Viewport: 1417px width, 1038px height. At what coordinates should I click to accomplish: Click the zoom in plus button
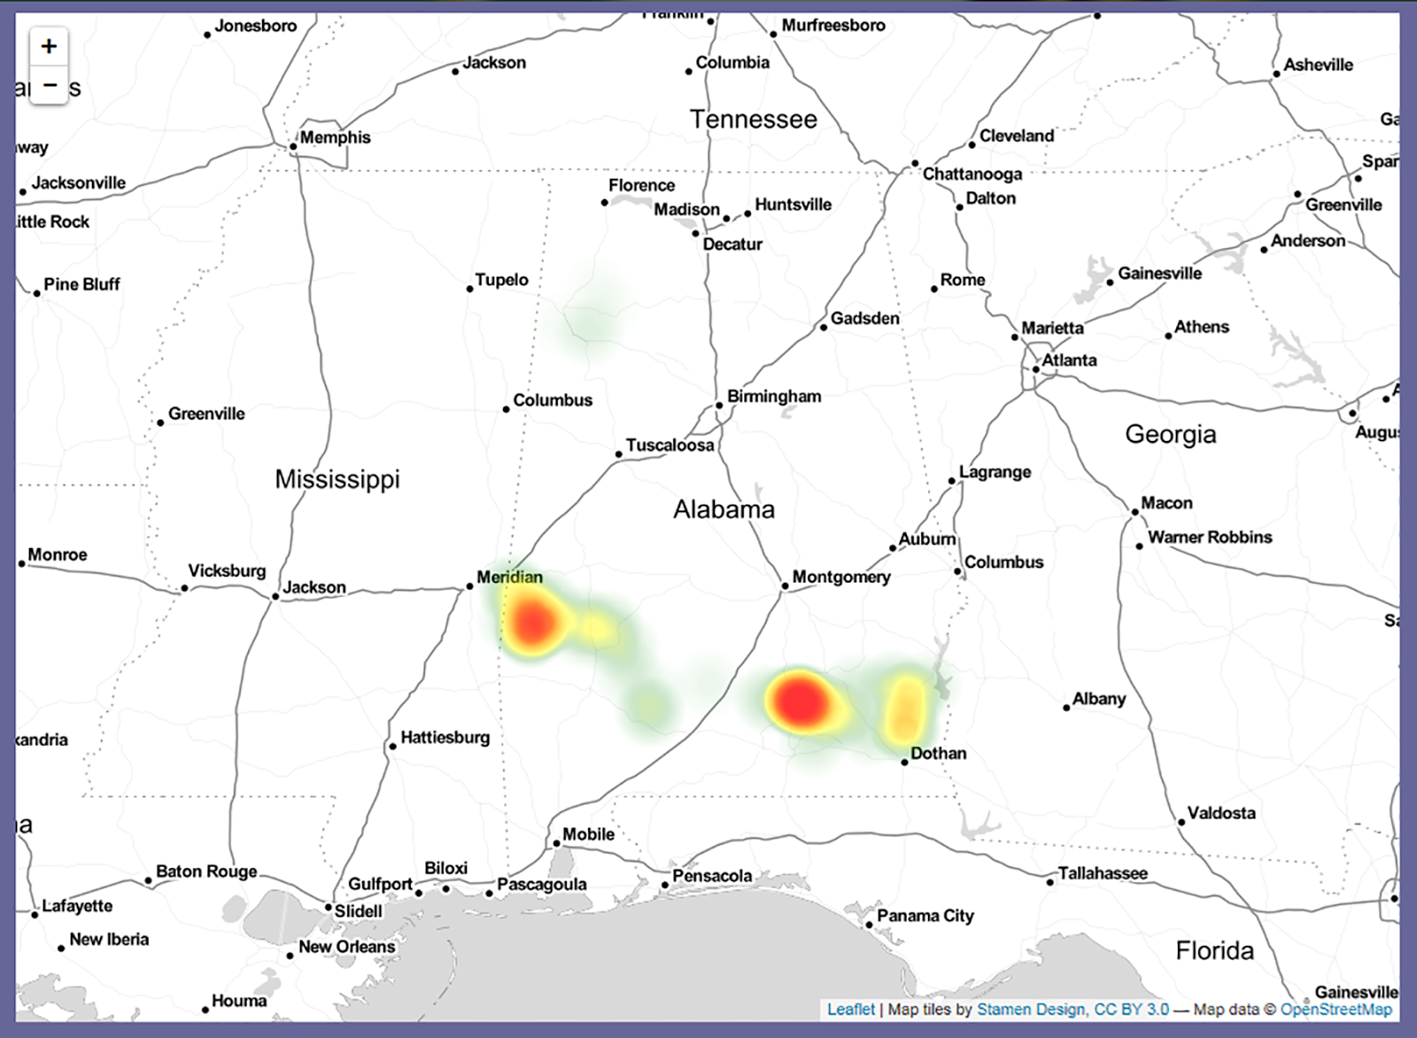49,46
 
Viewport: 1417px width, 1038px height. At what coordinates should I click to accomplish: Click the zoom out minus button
49,86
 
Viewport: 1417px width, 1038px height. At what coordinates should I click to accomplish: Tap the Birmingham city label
773,396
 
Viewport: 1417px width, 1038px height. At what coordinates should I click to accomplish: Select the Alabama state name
724,509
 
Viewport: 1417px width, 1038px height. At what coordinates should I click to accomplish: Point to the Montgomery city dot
785,586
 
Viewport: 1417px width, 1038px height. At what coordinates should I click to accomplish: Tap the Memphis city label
335,137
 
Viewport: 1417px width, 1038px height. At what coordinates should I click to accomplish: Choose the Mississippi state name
337,479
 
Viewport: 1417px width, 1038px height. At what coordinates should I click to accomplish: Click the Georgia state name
1170,434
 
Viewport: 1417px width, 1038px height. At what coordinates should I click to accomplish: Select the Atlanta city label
1069,360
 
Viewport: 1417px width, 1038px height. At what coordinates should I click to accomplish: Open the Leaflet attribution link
850,1010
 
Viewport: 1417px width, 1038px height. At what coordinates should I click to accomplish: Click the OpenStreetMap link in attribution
1336,1010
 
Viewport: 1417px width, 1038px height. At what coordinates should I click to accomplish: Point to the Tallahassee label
1103,873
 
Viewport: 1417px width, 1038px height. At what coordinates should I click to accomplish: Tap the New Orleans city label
346,947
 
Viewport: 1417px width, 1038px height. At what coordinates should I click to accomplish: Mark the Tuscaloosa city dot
619,454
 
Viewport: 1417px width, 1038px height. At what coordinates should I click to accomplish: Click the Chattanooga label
972,174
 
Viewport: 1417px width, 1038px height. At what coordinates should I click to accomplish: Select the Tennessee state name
754,120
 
